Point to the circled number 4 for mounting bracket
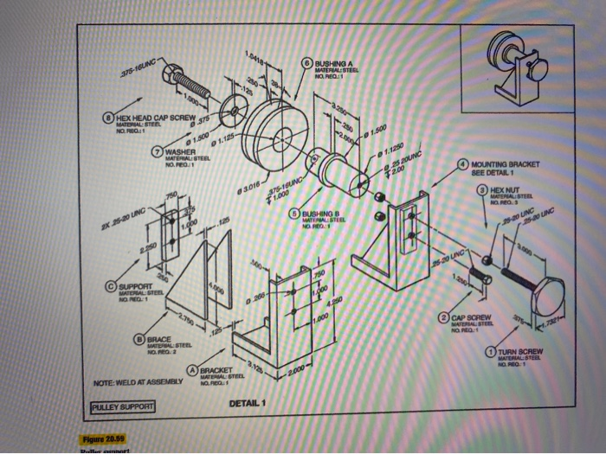464,163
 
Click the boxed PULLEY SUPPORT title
123,406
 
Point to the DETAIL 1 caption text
251,405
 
